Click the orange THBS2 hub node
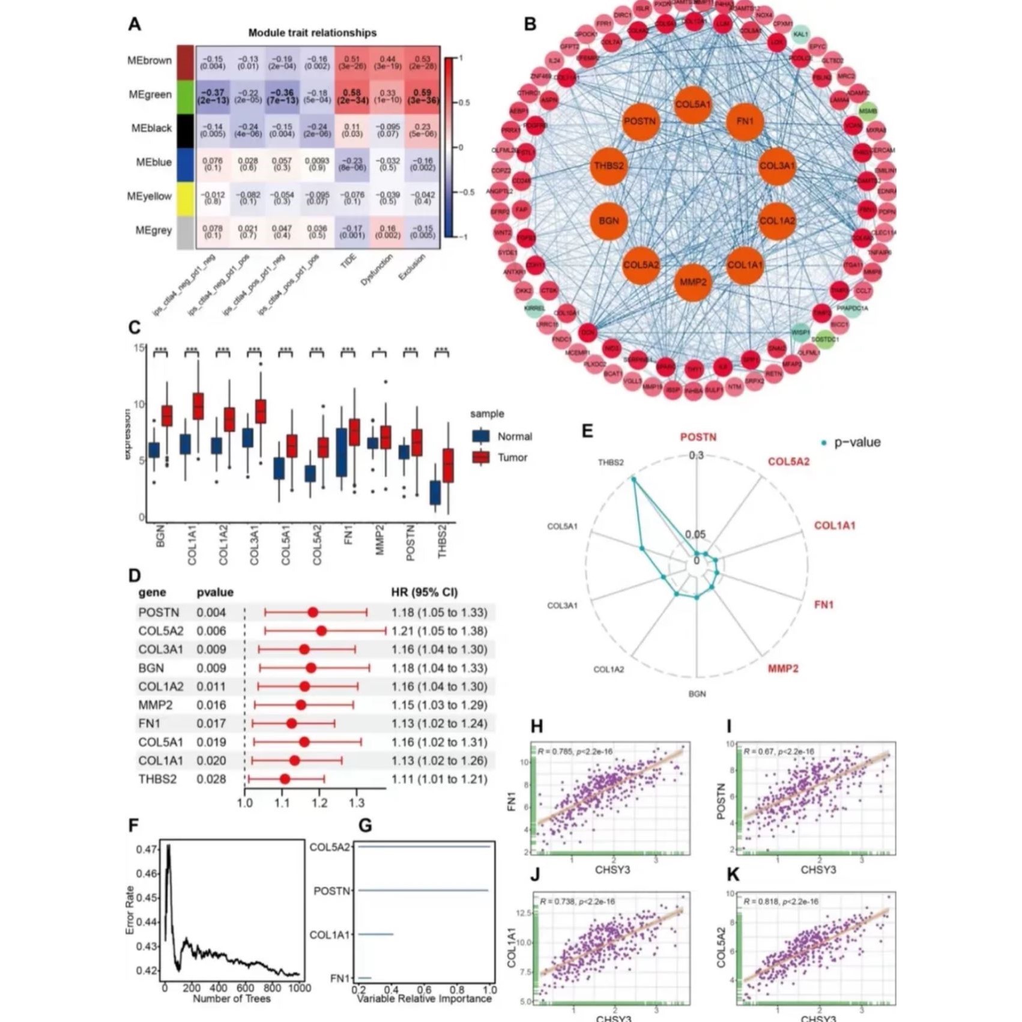pyautogui.click(x=609, y=166)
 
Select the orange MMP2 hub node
pyautogui.click(x=693, y=282)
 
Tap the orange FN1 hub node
pyautogui.click(x=745, y=121)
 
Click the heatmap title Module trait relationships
pyautogui.click(x=312, y=33)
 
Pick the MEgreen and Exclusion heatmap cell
pyautogui.click(x=423, y=96)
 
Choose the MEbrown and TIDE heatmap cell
pyautogui.click(x=352, y=62)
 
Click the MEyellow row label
pyautogui.click(x=150, y=196)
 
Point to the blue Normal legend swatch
pyautogui.click(x=481, y=437)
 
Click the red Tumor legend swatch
pyautogui.click(x=481, y=458)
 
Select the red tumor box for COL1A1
pyautogui.click(x=198, y=406)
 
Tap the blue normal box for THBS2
pyautogui.click(x=435, y=493)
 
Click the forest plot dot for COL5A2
pyautogui.click(x=321, y=630)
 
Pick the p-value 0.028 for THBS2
pyautogui.click(x=211, y=779)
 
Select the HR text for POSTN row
pyautogui.click(x=439, y=612)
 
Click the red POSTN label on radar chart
pyautogui.click(x=698, y=437)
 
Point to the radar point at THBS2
pyautogui.click(x=633, y=479)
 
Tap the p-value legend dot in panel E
pyautogui.click(x=824, y=443)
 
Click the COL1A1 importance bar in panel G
pyautogui.click(x=375, y=934)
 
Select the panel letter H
pyautogui.click(x=537, y=727)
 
